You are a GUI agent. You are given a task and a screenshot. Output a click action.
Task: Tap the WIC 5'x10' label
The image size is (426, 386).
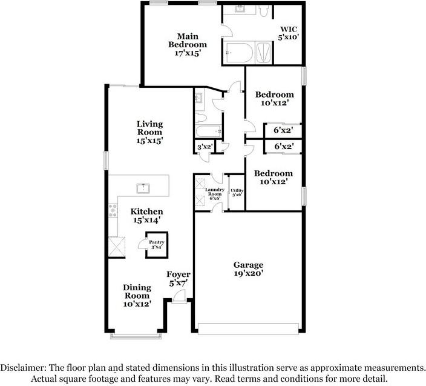coord(289,33)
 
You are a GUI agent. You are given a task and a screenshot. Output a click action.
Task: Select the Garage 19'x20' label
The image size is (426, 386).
coord(248,269)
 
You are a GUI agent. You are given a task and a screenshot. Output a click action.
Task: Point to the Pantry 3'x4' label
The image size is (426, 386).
coord(157,245)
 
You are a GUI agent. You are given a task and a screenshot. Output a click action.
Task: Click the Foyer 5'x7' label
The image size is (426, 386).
coord(179,279)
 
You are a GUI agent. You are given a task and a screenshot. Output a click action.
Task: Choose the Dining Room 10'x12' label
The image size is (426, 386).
coord(137,296)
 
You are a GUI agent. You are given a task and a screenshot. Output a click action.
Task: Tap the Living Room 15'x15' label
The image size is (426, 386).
coord(149,132)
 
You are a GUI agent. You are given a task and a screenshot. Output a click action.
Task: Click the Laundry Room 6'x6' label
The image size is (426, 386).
coord(215,194)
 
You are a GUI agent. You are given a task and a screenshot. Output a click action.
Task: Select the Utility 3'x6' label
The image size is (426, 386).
coord(237,193)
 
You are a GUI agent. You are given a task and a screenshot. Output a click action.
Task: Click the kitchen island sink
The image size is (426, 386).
coord(143,188)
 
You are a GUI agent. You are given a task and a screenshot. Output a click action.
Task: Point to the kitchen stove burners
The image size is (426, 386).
coord(113,211)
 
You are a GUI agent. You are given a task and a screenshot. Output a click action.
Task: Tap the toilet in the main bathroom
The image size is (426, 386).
coord(264,11)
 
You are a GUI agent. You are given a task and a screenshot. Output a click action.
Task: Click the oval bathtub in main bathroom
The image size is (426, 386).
coord(240,53)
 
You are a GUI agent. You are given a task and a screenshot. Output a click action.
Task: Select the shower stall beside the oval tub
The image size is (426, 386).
coord(263,53)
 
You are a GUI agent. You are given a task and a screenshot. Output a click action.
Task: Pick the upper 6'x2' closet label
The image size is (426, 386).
coord(283,130)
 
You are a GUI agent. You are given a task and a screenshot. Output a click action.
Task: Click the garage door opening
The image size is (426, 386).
coord(248,328)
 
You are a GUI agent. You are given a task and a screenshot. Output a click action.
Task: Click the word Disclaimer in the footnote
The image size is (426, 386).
coord(23,368)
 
